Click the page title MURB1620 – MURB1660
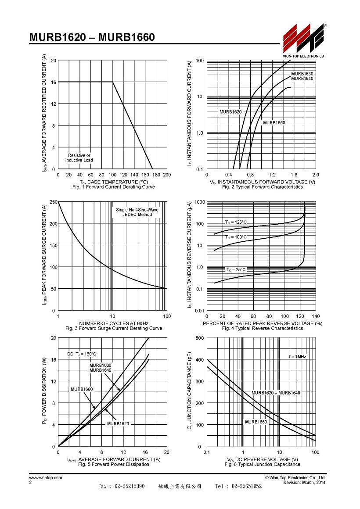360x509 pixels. pyautogui.click(x=92, y=37)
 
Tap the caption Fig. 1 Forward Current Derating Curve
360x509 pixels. pyautogui.click(x=114, y=187)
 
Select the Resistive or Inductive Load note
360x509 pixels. pyautogui.click(x=79, y=158)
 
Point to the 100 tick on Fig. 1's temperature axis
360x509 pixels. pyautogui.click(x=112, y=175)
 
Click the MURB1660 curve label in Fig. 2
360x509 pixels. pyautogui.click(x=274, y=123)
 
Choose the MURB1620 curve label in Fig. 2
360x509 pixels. pyautogui.click(x=230, y=111)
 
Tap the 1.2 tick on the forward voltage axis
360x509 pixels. pyautogui.click(x=272, y=175)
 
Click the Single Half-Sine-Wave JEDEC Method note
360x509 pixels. pyautogui.click(x=137, y=212)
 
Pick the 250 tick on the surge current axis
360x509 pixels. pyautogui.click(x=54, y=202)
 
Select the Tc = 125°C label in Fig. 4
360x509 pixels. pyautogui.click(x=236, y=222)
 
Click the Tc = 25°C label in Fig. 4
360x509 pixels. pyautogui.click(x=236, y=269)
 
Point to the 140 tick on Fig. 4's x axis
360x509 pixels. pyautogui.click(x=316, y=316)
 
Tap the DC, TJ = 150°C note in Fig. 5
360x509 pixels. pyautogui.click(x=82, y=354)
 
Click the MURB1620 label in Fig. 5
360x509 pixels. pyautogui.click(x=118, y=423)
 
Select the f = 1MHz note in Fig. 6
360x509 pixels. pyautogui.click(x=298, y=356)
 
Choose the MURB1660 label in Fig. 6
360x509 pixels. pyautogui.click(x=256, y=422)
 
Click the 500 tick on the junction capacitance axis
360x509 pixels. pyautogui.click(x=200, y=338)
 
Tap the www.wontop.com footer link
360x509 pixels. pyautogui.click(x=46, y=477)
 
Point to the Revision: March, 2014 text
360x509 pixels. pyautogui.click(x=304, y=482)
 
